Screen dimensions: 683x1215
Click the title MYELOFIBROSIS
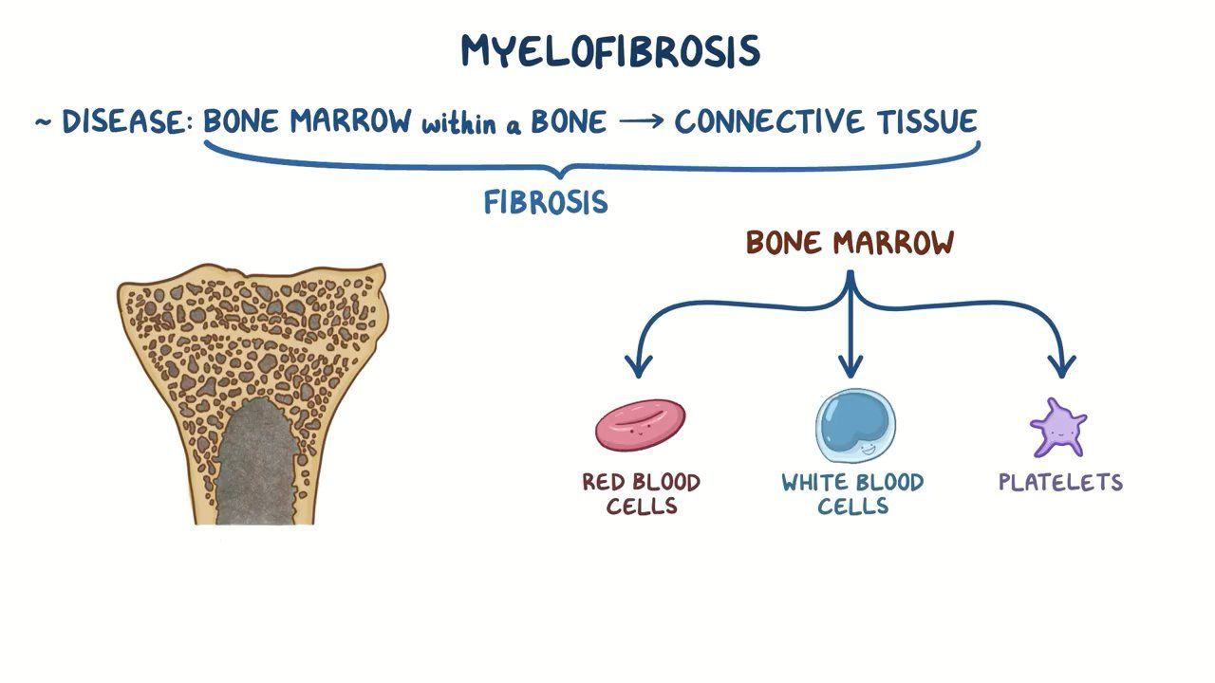point(610,51)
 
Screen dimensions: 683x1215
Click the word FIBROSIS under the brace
point(546,202)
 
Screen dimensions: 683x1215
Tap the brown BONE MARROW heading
point(850,243)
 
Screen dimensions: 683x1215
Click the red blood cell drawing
point(640,423)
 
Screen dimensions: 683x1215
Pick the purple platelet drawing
point(1058,428)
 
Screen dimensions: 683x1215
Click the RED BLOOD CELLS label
point(641,493)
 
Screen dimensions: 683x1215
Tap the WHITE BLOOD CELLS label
point(852,493)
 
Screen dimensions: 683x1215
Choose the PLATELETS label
point(1060,482)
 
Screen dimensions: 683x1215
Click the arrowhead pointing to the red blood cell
point(639,365)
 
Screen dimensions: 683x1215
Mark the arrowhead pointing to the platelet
point(1062,365)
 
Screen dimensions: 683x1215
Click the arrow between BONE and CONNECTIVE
point(640,122)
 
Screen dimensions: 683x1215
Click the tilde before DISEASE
point(43,123)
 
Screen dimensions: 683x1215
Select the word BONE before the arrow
point(568,122)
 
